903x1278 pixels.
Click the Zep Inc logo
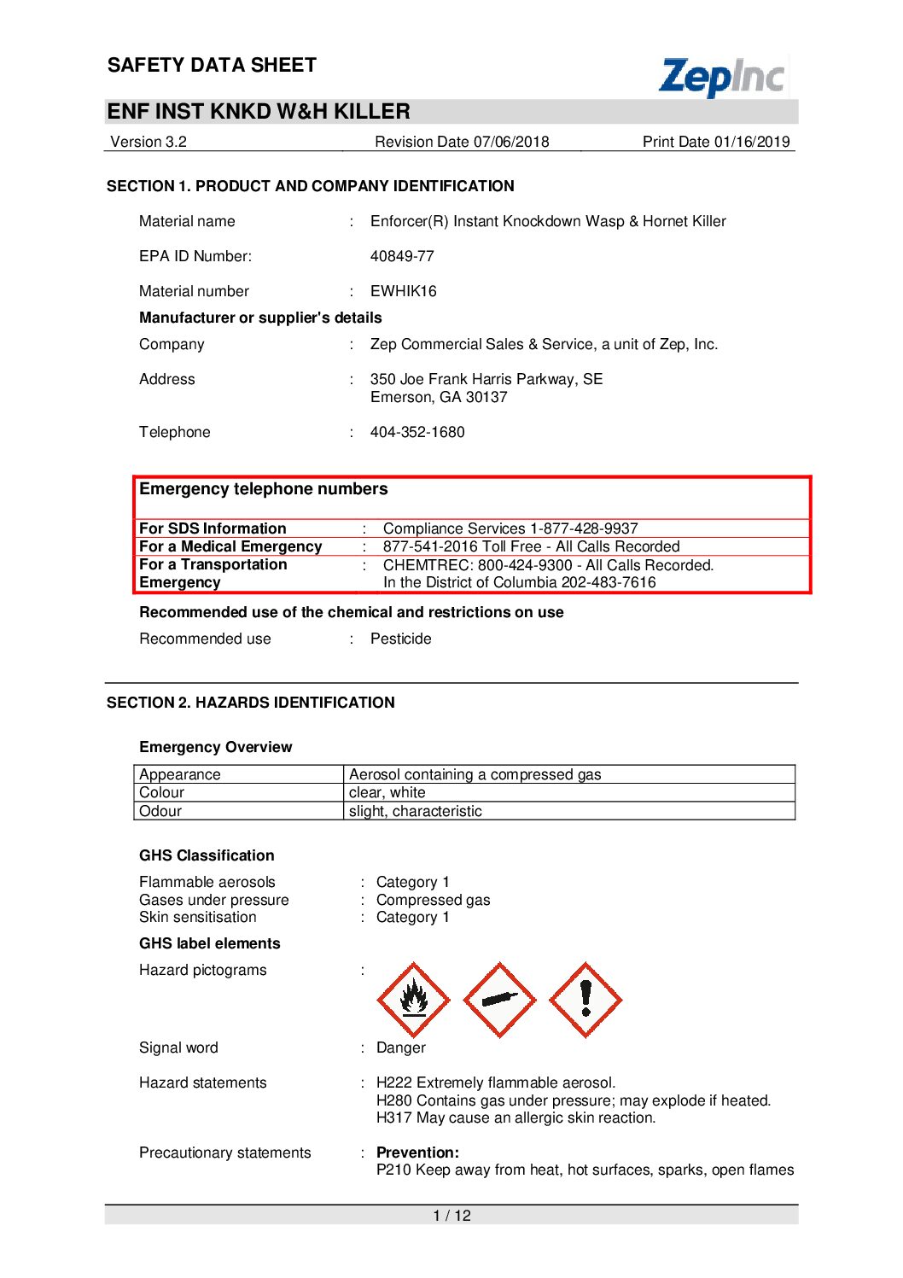point(722,77)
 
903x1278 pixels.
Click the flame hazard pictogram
point(414,999)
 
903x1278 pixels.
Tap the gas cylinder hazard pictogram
point(499,999)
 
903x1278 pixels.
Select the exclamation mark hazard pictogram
point(585,999)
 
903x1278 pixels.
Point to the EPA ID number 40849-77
point(402,256)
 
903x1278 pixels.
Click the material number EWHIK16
point(403,291)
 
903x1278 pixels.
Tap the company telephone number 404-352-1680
point(417,432)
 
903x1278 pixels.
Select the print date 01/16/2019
point(752,142)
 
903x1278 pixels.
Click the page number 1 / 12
point(451,1216)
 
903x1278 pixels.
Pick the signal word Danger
point(400,1047)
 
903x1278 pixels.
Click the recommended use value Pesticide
point(400,639)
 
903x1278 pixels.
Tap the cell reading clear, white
point(387,792)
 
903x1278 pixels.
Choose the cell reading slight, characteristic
point(415,811)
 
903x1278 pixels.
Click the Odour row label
point(160,811)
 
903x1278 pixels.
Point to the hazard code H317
point(393,1118)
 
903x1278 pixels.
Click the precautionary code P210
point(393,1170)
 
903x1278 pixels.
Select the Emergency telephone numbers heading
point(263,489)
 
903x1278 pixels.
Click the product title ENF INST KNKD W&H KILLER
point(259,112)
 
